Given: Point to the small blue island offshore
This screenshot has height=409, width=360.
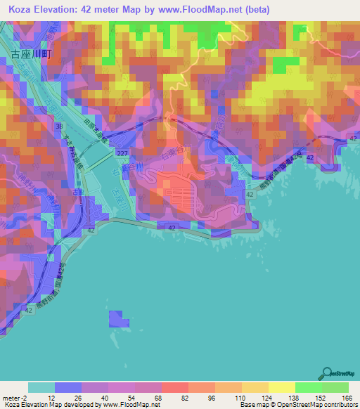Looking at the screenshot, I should (x=119, y=319).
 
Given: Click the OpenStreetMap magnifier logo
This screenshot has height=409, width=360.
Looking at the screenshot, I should (x=328, y=374).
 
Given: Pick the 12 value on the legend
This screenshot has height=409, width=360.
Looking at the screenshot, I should (x=54, y=397).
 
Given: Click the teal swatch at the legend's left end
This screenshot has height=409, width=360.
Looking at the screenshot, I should (x=41, y=387).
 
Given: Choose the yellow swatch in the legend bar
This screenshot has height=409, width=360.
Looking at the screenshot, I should (x=281, y=387).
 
